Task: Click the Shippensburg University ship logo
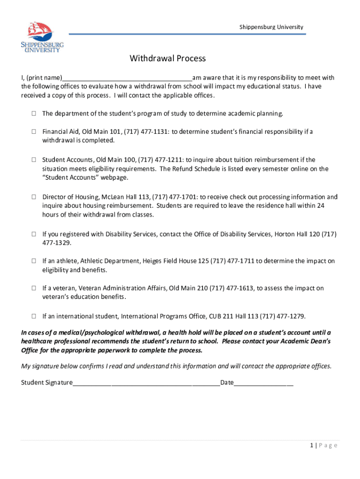[42, 36]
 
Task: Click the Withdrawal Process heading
[168, 58]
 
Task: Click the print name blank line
[127, 78]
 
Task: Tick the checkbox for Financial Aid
[34, 132]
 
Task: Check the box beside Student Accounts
[34, 160]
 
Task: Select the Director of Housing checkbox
[34, 197]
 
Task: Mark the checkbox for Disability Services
[34, 234]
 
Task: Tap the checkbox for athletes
[34, 261]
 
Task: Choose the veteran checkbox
[34, 289]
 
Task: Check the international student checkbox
[34, 316]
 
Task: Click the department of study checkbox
[34, 114]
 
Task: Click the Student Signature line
[146, 383]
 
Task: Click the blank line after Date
[264, 383]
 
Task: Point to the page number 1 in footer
[311, 445]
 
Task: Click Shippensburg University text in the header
[271, 27]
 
